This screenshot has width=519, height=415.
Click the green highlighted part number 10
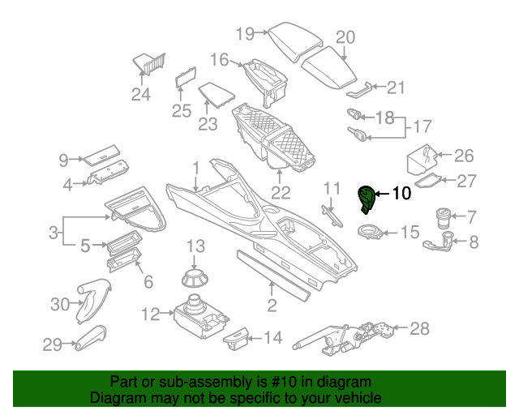click(369, 199)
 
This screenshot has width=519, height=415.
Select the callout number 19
click(245, 33)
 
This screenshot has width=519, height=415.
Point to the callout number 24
click(141, 94)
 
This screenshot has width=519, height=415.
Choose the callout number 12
click(151, 314)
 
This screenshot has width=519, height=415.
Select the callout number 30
click(61, 304)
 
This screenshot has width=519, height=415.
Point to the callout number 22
click(281, 192)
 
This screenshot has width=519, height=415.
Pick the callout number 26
click(463, 155)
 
